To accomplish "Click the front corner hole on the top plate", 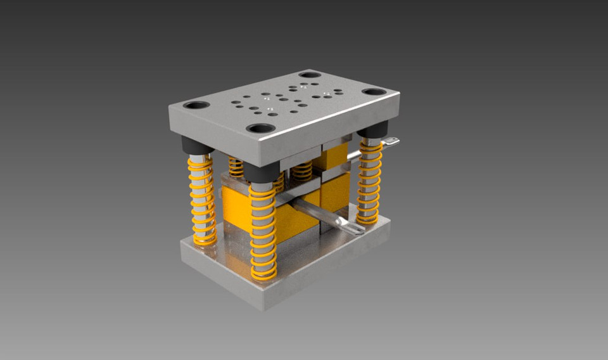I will point(260,128).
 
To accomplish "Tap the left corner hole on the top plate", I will point(196,105).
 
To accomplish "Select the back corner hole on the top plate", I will point(310,75).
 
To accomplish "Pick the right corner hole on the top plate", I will point(374,91).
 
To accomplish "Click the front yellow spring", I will point(263,231).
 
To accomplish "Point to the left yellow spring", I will point(202,200).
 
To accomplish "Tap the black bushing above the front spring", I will point(262,172).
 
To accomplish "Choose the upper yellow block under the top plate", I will point(335,155).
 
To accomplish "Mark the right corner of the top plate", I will point(398,101).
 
